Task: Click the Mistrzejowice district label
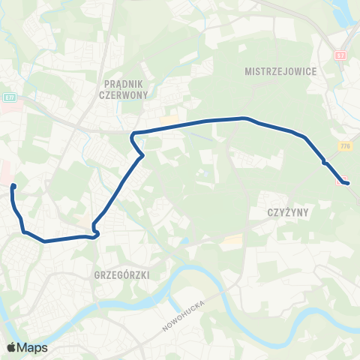pos(281,71)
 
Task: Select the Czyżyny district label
pos(288,212)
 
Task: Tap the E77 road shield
pos(10,97)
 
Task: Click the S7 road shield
pos(341,55)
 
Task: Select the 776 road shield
pos(345,146)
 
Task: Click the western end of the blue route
pos(14,185)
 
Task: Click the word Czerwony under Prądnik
pos(124,96)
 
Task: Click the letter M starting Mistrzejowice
pos(248,71)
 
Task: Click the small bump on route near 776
pos(324,161)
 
